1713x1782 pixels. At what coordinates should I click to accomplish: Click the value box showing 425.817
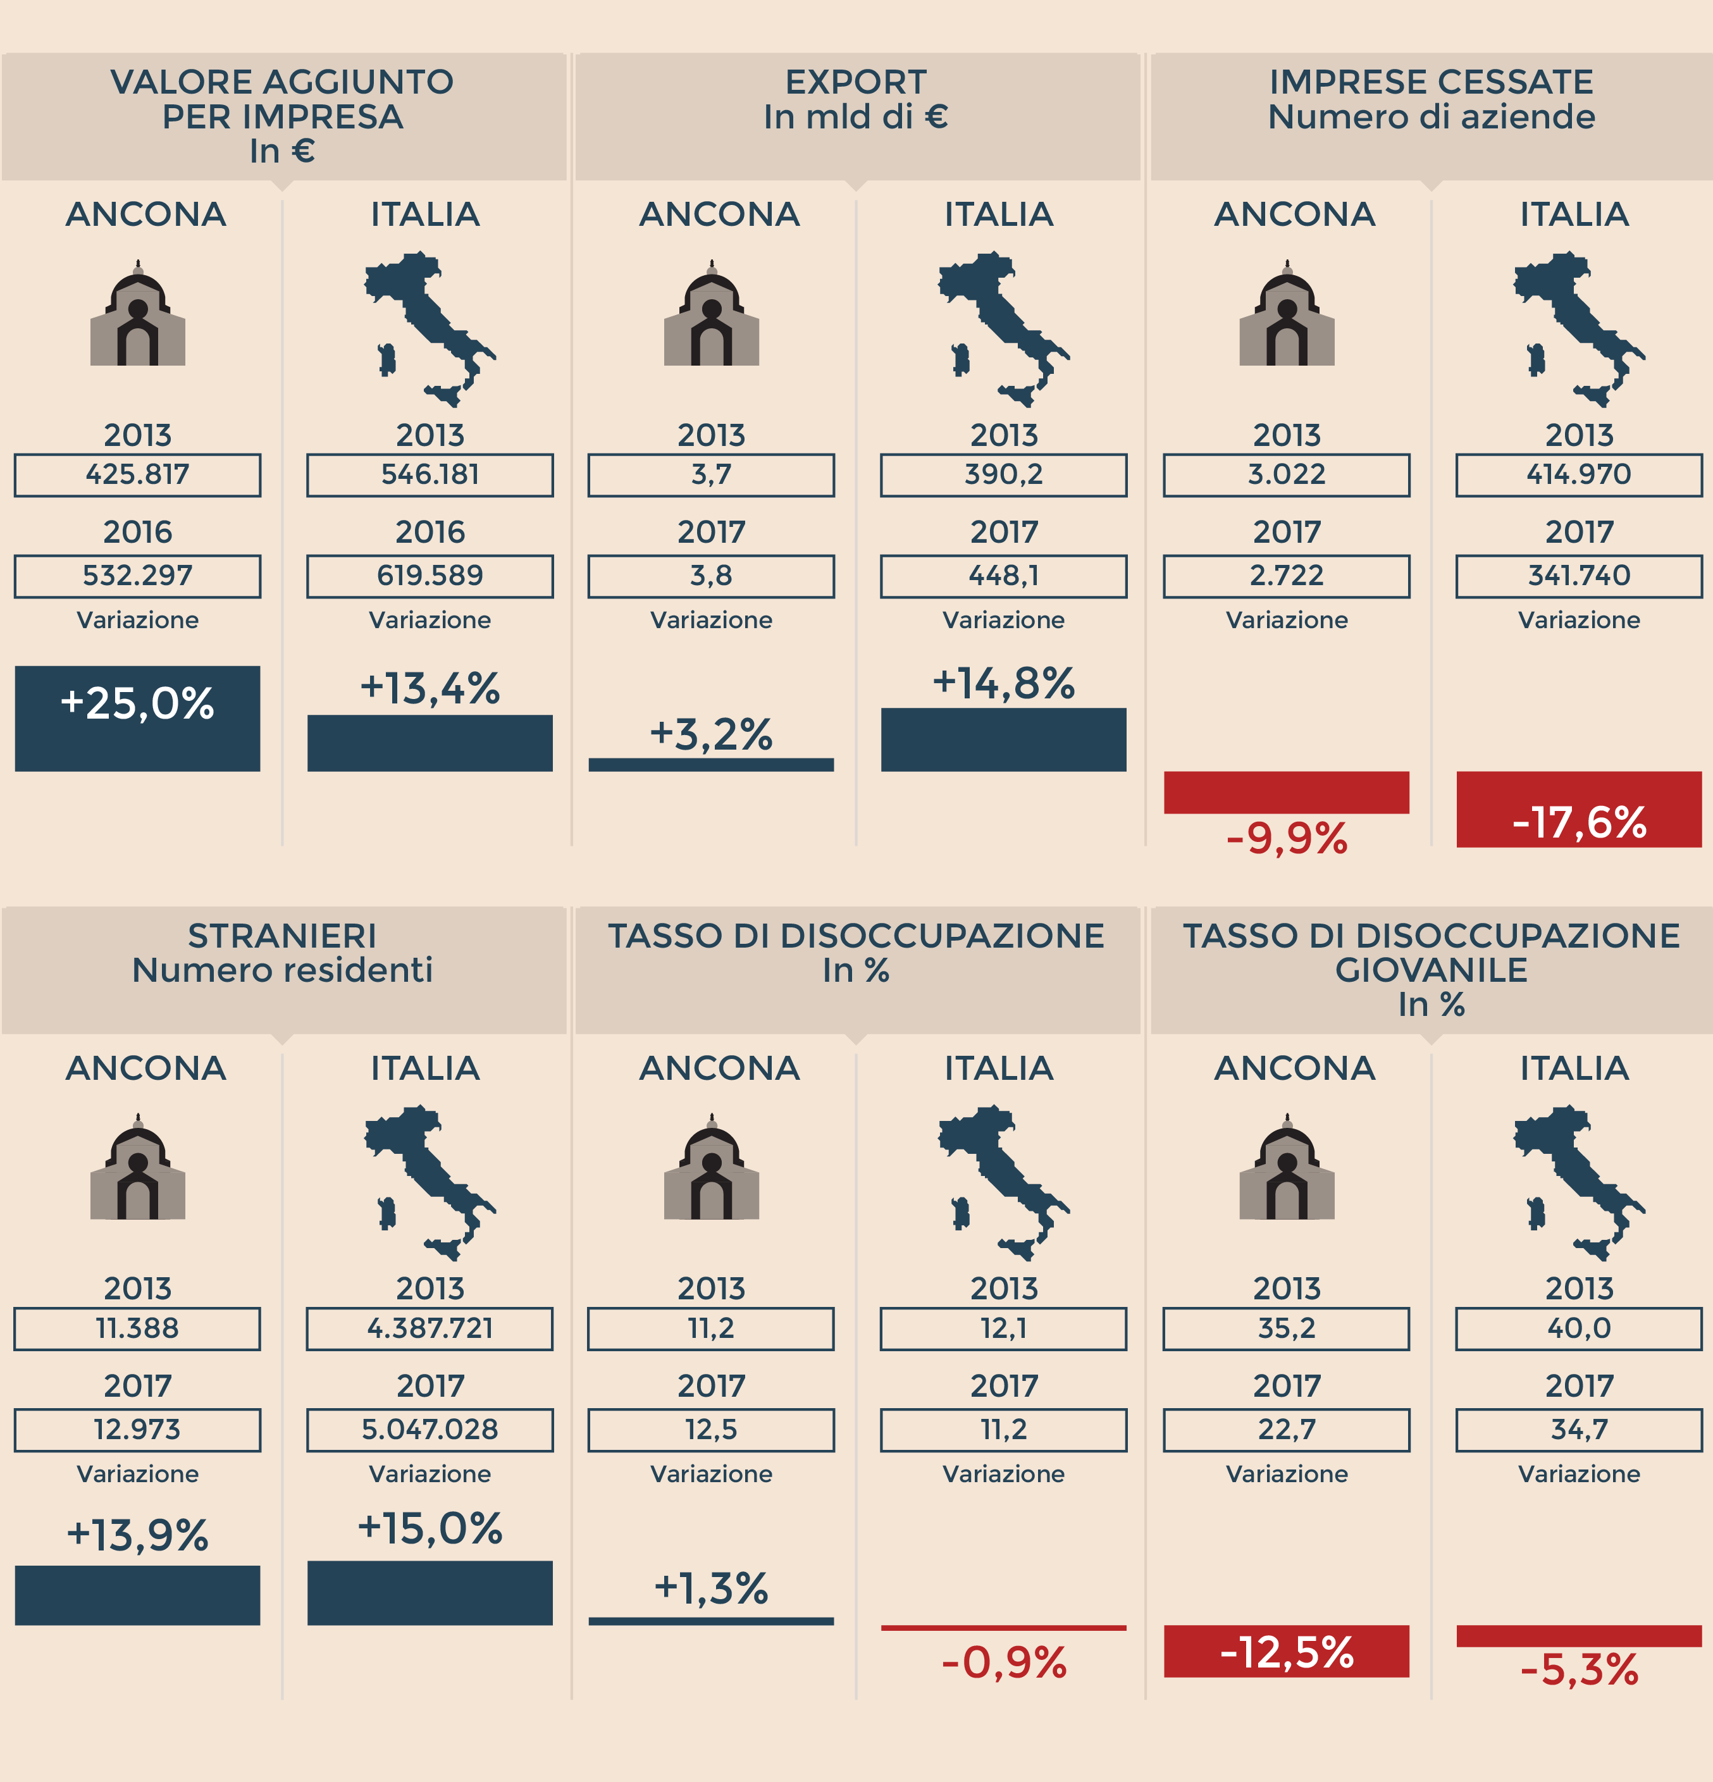pos(137,474)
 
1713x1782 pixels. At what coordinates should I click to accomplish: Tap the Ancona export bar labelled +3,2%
pos(711,765)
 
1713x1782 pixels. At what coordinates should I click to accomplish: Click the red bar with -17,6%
pos(1578,809)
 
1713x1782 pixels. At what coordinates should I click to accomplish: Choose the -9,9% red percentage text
pos(1287,838)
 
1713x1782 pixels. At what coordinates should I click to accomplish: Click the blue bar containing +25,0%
pos(137,718)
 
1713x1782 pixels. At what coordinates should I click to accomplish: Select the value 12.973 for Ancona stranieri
pos(137,1429)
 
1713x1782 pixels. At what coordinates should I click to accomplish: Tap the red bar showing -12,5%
pos(1287,1652)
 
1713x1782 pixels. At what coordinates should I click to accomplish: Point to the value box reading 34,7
pos(1578,1429)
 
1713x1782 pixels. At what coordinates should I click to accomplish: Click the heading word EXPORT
pos(856,82)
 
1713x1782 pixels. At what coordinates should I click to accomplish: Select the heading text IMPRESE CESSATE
pos(1431,82)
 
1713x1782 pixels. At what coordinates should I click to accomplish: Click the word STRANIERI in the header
pos(282,936)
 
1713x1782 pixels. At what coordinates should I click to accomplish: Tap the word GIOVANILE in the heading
pos(1431,970)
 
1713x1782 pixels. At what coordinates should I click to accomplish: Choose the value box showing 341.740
pos(1578,576)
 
